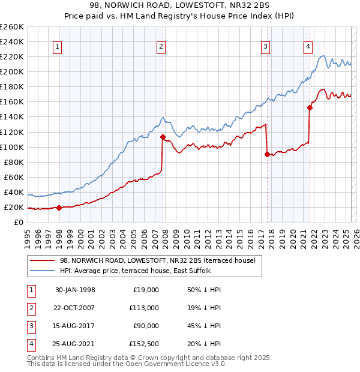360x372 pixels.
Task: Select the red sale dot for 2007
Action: [x=163, y=137]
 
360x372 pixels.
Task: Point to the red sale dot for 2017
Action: [x=267, y=154]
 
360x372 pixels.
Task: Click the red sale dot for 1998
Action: [x=59, y=208]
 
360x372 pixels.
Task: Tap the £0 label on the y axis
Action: [x=17, y=223]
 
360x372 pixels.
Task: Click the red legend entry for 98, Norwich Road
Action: [x=158, y=260]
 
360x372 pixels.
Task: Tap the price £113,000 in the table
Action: [x=145, y=308]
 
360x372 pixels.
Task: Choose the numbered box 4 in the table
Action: [x=29, y=344]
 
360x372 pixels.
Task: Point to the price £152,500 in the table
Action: [x=145, y=344]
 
